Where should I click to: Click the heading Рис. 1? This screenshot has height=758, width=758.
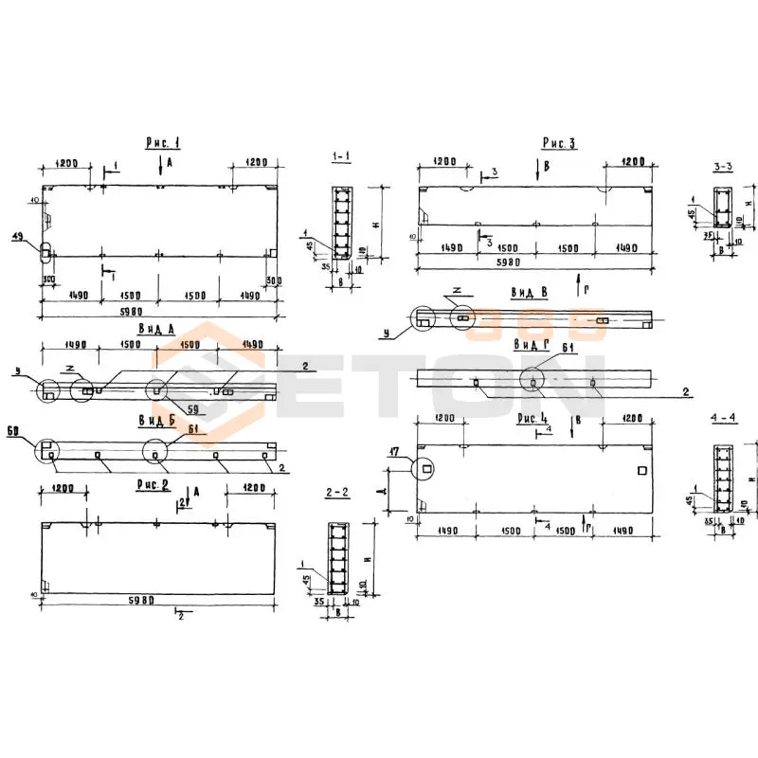pos(163,143)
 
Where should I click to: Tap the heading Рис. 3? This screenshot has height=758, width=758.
pos(559,143)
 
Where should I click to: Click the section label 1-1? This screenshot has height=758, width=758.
pos(342,154)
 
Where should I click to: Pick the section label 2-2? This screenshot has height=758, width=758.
pos(337,493)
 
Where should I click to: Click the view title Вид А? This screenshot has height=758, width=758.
pos(156,328)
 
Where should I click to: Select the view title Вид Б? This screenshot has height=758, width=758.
pos(157,421)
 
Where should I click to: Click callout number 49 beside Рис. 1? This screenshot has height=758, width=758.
pos(18,236)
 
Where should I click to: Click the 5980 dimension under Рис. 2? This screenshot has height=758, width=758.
pos(157,601)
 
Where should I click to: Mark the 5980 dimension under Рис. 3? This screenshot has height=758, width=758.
pos(537,262)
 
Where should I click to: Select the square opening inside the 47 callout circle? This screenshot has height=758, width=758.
pos(426,469)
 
